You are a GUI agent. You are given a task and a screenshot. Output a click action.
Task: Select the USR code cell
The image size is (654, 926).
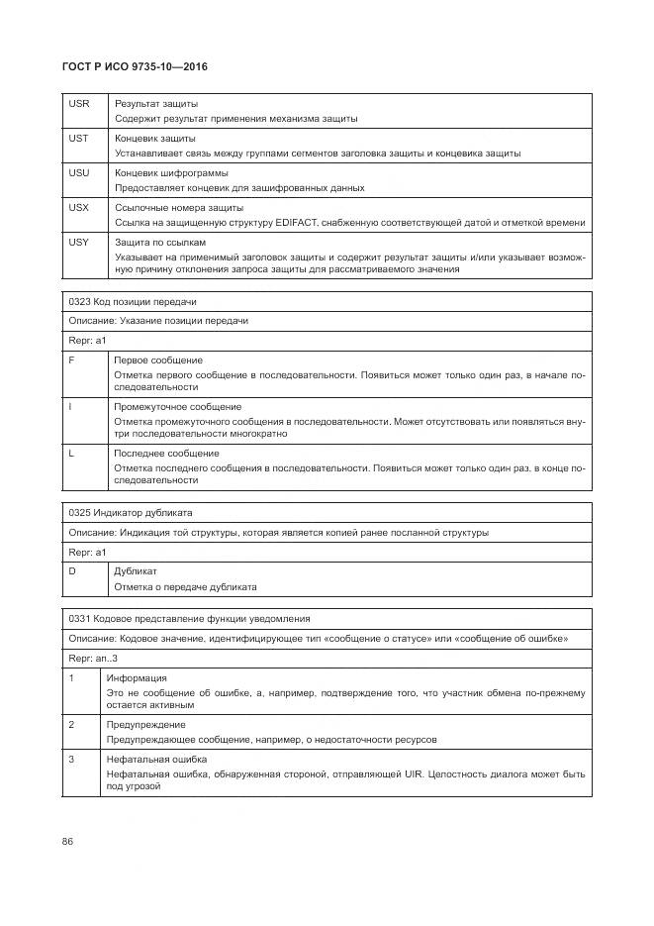tap(79, 103)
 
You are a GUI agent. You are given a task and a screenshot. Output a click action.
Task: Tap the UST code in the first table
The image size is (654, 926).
tap(79, 138)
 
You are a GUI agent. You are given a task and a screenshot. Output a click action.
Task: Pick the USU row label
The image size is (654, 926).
tap(79, 172)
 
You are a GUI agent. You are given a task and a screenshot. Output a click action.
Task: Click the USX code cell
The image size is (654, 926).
tap(79, 207)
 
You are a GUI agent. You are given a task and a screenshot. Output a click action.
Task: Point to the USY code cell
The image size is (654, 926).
tap(79, 242)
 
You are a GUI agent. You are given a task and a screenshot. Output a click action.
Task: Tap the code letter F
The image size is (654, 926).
tap(71, 360)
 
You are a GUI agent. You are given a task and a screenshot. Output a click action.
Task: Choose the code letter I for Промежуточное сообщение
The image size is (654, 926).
tap(70, 406)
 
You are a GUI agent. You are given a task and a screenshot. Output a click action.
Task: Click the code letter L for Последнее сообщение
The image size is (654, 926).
tap(71, 453)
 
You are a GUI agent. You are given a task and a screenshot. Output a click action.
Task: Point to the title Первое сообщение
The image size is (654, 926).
tap(158, 360)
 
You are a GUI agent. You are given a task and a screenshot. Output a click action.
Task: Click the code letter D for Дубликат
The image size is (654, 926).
tap(72, 571)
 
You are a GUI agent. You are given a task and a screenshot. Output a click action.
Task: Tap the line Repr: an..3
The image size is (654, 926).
tap(93, 658)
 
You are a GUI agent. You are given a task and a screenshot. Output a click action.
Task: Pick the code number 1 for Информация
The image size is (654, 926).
tap(71, 677)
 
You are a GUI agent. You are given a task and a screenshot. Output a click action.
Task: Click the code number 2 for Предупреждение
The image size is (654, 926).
tap(71, 724)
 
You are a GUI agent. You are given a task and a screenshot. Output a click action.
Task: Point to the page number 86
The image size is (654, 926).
tap(68, 841)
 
